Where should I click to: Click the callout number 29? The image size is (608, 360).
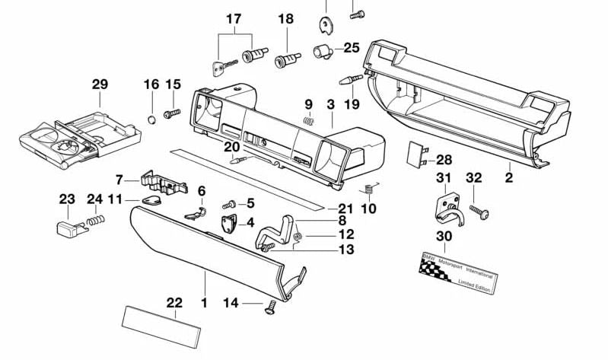[100, 84]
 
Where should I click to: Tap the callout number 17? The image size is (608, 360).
[233, 18]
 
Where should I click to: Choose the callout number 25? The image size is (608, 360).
[351, 47]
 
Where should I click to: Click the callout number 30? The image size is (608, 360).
[444, 236]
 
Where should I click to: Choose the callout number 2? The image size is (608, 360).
[508, 178]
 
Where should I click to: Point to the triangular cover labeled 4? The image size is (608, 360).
[228, 224]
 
